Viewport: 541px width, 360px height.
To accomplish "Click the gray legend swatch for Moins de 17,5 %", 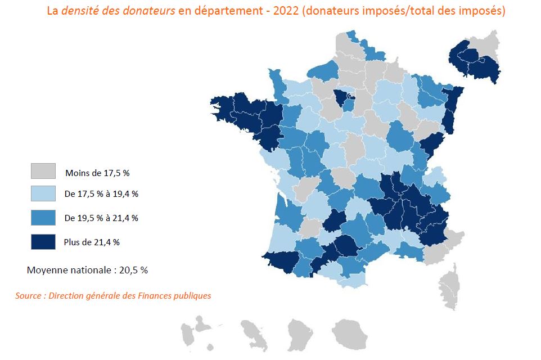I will (x=43, y=171).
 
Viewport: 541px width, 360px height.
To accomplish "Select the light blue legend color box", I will (x=43, y=194).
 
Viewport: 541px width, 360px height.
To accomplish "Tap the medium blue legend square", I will (x=43, y=218).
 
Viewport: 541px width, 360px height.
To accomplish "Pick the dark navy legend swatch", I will (x=43, y=241).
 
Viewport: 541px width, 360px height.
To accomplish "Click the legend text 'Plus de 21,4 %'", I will (x=92, y=242).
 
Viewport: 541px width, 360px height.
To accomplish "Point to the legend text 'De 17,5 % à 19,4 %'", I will (x=101, y=195).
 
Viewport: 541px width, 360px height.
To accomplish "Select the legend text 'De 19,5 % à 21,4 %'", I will (x=101, y=218).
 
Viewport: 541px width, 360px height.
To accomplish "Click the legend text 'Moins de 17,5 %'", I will (x=97, y=172).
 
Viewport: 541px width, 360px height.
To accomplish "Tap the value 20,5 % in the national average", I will (x=133, y=270).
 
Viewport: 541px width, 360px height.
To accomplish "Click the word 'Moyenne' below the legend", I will (x=45, y=270).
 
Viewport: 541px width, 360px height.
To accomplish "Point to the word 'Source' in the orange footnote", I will (x=28, y=295).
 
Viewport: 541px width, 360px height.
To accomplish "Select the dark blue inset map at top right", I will (x=475, y=60).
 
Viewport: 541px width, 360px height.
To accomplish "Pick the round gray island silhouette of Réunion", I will (x=349, y=332).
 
